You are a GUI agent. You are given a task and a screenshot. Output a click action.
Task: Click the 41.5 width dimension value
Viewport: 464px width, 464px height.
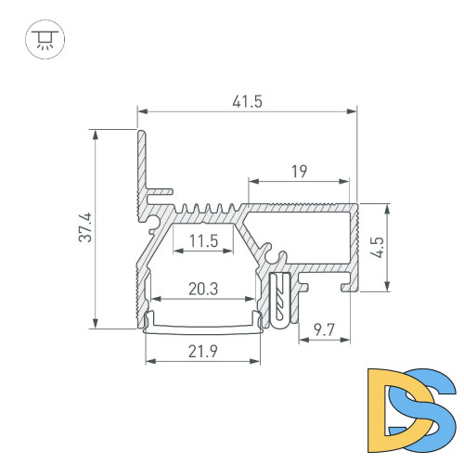(248, 101)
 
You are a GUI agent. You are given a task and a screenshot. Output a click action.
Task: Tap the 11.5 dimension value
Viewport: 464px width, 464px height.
(202, 242)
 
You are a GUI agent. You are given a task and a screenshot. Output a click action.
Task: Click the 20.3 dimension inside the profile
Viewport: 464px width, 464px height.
(202, 289)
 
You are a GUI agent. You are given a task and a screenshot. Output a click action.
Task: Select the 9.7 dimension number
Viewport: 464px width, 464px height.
(324, 328)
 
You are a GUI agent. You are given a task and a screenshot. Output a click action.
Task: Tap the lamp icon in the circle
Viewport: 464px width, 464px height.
(40, 40)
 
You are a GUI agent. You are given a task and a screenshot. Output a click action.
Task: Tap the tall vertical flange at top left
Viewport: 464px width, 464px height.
(143, 162)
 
